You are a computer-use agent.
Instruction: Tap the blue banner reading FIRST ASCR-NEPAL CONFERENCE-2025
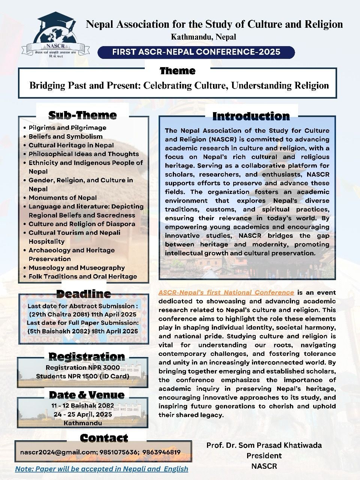196,52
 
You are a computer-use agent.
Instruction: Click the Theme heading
177,70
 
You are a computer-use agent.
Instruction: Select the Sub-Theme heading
82,115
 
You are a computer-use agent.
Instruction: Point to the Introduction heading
251,116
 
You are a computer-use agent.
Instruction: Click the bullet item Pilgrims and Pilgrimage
67,127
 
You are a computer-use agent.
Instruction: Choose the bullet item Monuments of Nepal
63,198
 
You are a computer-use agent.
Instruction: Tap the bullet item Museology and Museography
76,268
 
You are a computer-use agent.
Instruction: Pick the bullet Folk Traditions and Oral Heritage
82,276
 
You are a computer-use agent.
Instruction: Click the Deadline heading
83,294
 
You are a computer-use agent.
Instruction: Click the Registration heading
87,356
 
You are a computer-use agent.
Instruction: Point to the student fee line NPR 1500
82,376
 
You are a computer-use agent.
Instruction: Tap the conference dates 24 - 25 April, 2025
83,414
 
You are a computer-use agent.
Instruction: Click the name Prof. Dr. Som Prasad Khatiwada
264,445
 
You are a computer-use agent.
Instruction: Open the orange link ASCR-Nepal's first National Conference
226,292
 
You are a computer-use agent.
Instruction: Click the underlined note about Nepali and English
102,469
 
